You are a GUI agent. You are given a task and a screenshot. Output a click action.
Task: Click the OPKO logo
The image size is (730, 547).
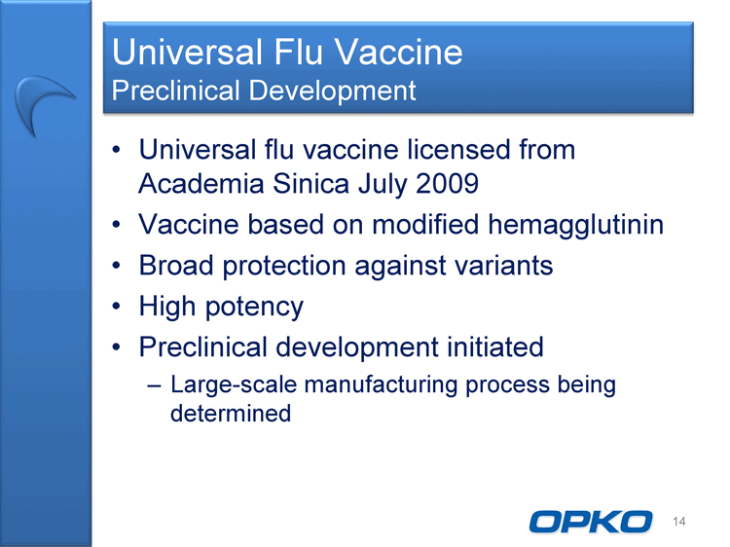click(x=591, y=522)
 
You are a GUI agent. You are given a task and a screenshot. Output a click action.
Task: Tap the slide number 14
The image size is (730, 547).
click(x=678, y=522)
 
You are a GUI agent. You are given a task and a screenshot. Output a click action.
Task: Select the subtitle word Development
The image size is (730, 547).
click(x=332, y=91)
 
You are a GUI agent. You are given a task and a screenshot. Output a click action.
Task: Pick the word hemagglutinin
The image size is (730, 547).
click(x=576, y=225)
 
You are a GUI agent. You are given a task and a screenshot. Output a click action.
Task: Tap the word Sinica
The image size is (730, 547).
click(x=311, y=183)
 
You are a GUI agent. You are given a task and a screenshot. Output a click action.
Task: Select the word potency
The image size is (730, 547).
click(x=254, y=308)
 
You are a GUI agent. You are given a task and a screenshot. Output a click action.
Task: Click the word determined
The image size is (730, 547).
click(x=231, y=414)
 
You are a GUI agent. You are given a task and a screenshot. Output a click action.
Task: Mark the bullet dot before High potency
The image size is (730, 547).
click(x=117, y=307)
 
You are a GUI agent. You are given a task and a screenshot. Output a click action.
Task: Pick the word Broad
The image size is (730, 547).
click(x=176, y=266)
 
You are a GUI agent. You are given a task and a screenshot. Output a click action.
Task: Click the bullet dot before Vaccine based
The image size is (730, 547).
click(x=117, y=225)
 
